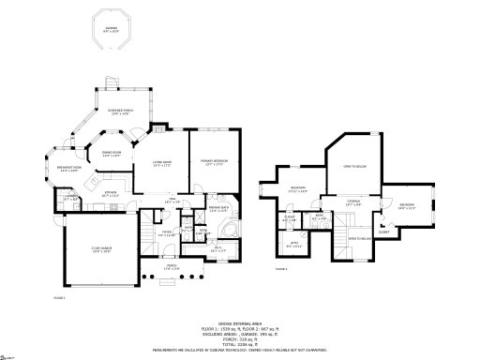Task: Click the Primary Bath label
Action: click(218, 210)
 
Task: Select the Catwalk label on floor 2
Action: click(354, 202)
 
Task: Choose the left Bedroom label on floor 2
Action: click(296, 189)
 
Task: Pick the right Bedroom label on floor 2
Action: click(406, 206)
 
